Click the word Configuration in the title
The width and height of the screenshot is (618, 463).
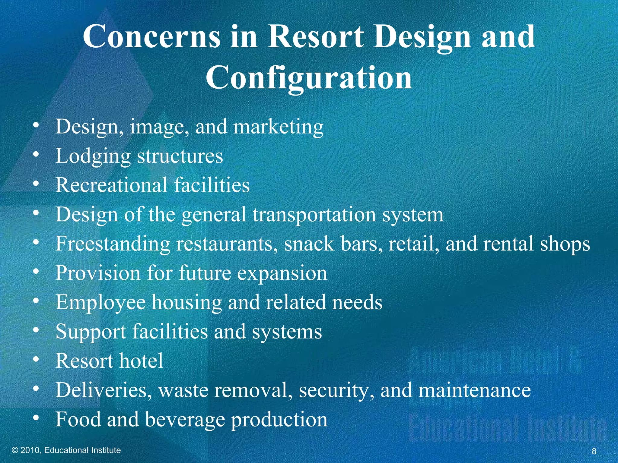click(x=309, y=78)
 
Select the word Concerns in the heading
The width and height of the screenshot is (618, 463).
click(x=151, y=37)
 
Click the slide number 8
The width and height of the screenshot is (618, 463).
click(x=594, y=451)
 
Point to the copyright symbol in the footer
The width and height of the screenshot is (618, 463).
click(x=15, y=450)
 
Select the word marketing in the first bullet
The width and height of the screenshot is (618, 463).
click(x=279, y=127)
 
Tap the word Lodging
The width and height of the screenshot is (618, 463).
click(x=93, y=156)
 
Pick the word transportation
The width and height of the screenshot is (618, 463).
click(x=314, y=215)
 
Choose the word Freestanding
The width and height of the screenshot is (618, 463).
click(x=113, y=244)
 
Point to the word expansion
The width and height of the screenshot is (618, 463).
click(x=282, y=274)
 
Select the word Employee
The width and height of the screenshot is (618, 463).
click(x=100, y=303)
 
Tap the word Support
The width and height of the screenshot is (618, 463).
click(x=91, y=332)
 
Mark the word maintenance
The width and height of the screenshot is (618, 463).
click(x=474, y=390)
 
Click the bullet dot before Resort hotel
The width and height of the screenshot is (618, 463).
click(x=36, y=359)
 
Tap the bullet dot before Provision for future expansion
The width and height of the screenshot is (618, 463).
click(x=36, y=272)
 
